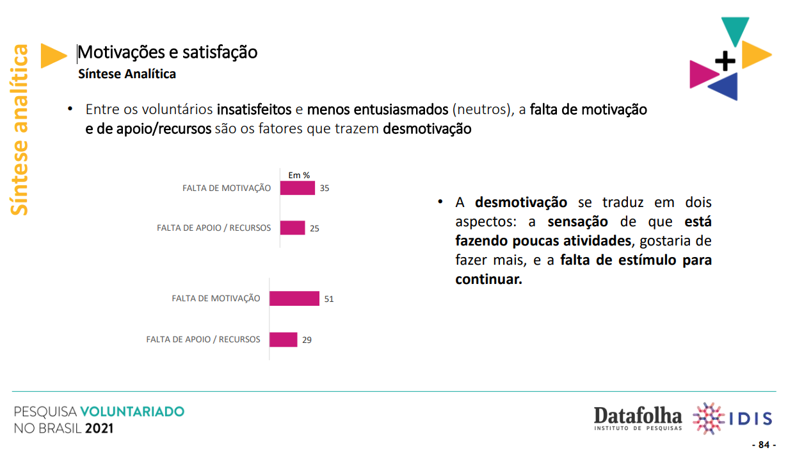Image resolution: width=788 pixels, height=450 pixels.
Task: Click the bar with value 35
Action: pos(297,188)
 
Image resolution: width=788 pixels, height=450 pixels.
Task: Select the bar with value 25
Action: pos(293,228)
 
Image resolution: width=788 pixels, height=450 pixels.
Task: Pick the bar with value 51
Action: pos(294,299)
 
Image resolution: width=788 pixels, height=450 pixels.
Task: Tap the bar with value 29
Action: pos(283,340)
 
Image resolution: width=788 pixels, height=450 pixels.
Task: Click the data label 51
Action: pos(329,299)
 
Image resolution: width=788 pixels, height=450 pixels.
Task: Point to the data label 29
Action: pos(307,340)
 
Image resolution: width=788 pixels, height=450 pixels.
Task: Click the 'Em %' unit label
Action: pos(299,175)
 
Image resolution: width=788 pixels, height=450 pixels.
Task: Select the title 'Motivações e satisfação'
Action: pos(168,53)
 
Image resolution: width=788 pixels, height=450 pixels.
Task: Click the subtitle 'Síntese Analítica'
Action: pos(127,74)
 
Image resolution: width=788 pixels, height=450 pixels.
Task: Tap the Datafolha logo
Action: pos(638,419)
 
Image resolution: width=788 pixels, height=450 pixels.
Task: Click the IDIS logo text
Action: pos(750,419)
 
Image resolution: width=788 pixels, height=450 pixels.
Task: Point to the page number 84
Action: pos(764,444)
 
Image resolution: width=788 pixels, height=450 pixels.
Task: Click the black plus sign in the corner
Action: pos(725,61)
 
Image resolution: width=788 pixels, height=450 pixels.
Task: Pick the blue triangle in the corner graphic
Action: pos(725,87)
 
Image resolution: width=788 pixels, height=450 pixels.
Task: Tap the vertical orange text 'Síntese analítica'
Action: pos(19,129)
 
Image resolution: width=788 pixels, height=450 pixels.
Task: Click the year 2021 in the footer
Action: pos(99,428)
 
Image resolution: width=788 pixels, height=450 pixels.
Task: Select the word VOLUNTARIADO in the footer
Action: pos(133,412)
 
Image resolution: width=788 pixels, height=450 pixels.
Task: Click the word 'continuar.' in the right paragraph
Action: pos(488,279)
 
